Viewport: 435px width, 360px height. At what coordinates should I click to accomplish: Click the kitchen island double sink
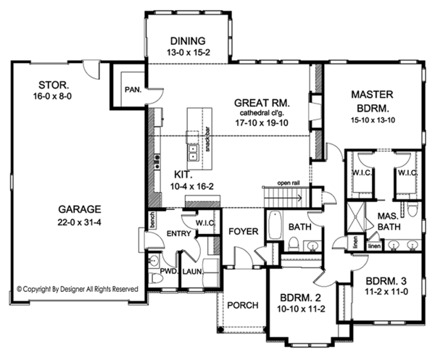(x=194, y=151)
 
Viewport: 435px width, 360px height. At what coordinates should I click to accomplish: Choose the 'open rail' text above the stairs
(x=288, y=183)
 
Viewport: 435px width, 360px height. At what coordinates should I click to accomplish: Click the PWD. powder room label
(x=170, y=272)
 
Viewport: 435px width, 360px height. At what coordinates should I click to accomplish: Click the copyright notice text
(x=77, y=288)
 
